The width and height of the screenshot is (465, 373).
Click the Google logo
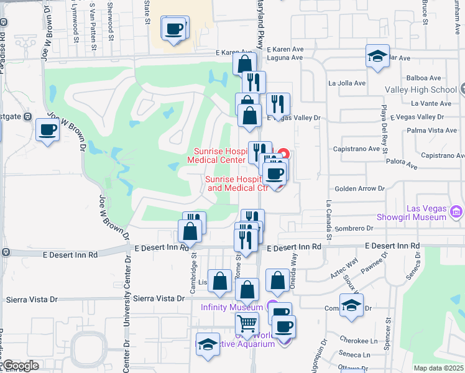click(20, 366)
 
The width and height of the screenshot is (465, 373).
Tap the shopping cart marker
click(247, 324)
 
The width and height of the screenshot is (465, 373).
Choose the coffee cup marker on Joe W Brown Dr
click(48, 130)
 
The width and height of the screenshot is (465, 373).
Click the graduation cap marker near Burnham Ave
click(377, 57)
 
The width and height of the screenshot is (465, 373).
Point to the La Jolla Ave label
click(347, 82)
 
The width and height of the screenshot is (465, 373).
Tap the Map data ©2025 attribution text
click(439, 368)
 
